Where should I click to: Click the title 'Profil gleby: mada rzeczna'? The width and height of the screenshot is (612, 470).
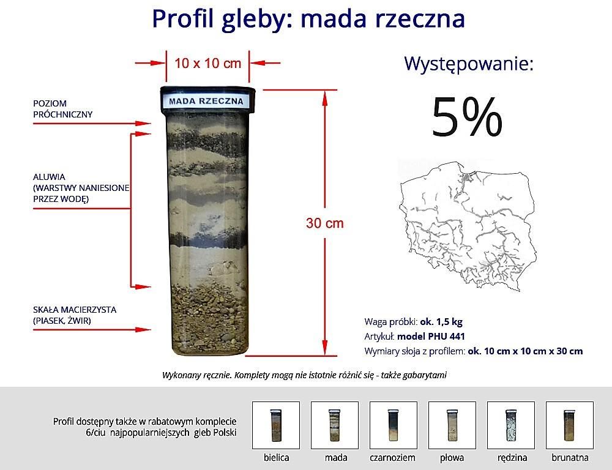tap(308, 18)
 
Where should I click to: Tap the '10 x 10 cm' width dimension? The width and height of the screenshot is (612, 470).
tap(207, 62)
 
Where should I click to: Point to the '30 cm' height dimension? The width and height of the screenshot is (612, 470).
tap(325, 223)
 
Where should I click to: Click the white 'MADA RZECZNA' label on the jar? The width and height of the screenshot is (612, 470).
tap(206, 101)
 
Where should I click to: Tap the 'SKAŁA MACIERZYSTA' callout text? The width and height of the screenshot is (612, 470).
tap(74, 310)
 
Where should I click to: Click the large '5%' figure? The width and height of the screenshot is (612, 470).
tap(466, 117)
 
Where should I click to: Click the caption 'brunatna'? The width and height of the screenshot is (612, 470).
tap(569, 457)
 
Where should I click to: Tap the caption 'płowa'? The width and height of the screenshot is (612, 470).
tap(452, 457)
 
